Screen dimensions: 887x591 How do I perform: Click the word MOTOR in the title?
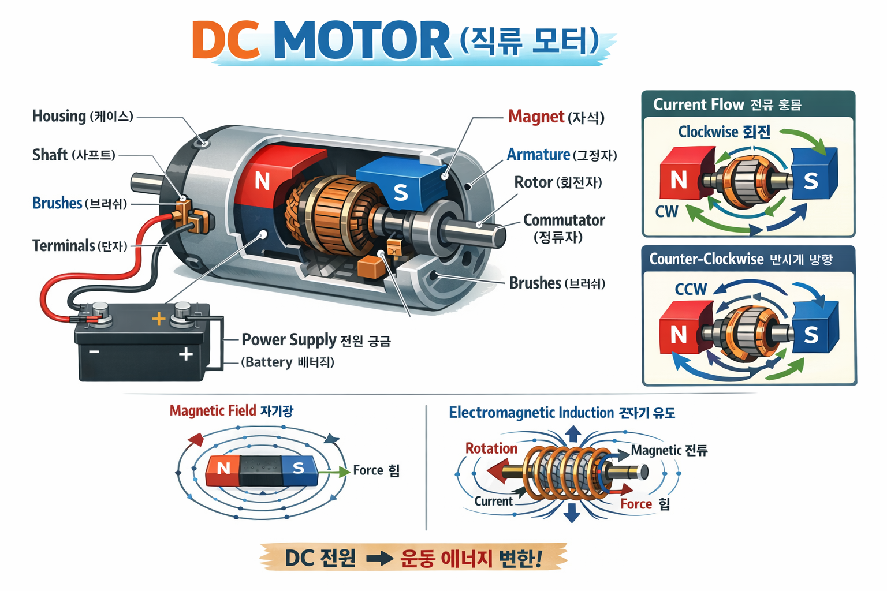point(362,40)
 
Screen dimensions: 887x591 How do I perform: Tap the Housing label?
point(59,116)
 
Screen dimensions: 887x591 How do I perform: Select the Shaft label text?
point(50,155)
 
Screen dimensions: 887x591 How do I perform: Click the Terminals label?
point(64,246)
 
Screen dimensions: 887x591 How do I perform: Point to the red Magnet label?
point(536,117)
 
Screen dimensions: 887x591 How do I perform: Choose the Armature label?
point(538,155)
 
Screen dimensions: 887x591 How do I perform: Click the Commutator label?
point(564,220)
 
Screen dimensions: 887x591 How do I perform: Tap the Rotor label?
point(534,182)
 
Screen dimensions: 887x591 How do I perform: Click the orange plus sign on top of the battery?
point(158,318)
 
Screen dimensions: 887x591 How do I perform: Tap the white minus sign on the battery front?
point(94,352)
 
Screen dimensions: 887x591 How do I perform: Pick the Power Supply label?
point(289,340)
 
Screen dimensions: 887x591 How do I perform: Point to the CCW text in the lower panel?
point(691,289)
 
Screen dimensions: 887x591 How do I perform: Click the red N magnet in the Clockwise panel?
point(680,179)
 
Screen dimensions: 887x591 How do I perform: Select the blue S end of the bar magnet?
point(299,468)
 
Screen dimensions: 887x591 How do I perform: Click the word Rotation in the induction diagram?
point(491,448)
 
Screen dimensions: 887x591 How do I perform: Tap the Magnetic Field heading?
point(213,411)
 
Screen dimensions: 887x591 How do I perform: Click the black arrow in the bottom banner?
point(379,559)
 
